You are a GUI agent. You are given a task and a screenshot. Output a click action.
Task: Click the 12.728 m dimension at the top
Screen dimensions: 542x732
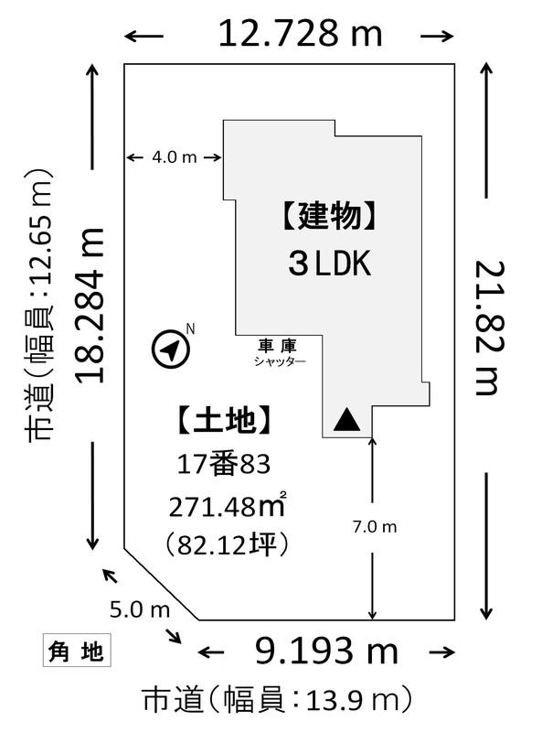tap(300, 34)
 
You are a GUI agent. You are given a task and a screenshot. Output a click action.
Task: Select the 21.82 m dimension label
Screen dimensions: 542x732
tap(490, 328)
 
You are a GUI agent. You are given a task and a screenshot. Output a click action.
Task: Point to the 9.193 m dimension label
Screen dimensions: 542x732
tap(326, 651)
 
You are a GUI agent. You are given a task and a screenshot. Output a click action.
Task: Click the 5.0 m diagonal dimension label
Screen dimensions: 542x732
tap(140, 609)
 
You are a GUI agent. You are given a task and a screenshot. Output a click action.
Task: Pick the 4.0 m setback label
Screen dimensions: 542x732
tap(175, 157)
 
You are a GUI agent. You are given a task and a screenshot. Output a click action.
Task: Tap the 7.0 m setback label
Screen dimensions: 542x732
tap(375, 527)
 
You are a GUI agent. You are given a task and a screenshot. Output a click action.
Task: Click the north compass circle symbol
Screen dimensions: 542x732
tap(171, 349)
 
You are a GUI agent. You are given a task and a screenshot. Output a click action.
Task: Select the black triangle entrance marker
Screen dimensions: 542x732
tap(346, 419)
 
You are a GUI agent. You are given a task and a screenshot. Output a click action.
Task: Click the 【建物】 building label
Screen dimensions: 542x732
tap(329, 216)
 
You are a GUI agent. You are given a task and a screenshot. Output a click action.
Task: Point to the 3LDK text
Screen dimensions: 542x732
tap(329, 263)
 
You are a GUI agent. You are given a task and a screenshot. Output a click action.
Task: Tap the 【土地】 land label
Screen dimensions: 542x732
tap(224, 420)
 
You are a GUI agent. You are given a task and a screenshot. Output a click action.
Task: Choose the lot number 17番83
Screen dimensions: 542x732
tap(224, 465)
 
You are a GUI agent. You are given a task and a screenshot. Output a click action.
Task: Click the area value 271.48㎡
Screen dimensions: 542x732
tap(228, 506)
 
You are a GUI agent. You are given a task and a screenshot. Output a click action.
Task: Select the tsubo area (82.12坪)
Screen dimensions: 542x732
tap(227, 544)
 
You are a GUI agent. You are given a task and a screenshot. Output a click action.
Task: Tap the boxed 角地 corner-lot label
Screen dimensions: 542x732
tap(77, 650)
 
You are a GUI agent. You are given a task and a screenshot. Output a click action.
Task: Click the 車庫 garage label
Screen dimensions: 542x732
tap(277, 346)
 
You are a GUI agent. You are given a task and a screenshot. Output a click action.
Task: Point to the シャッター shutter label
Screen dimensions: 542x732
tap(280, 361)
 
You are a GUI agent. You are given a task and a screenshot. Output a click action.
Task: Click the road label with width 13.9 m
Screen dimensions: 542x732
tap(278, 700)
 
